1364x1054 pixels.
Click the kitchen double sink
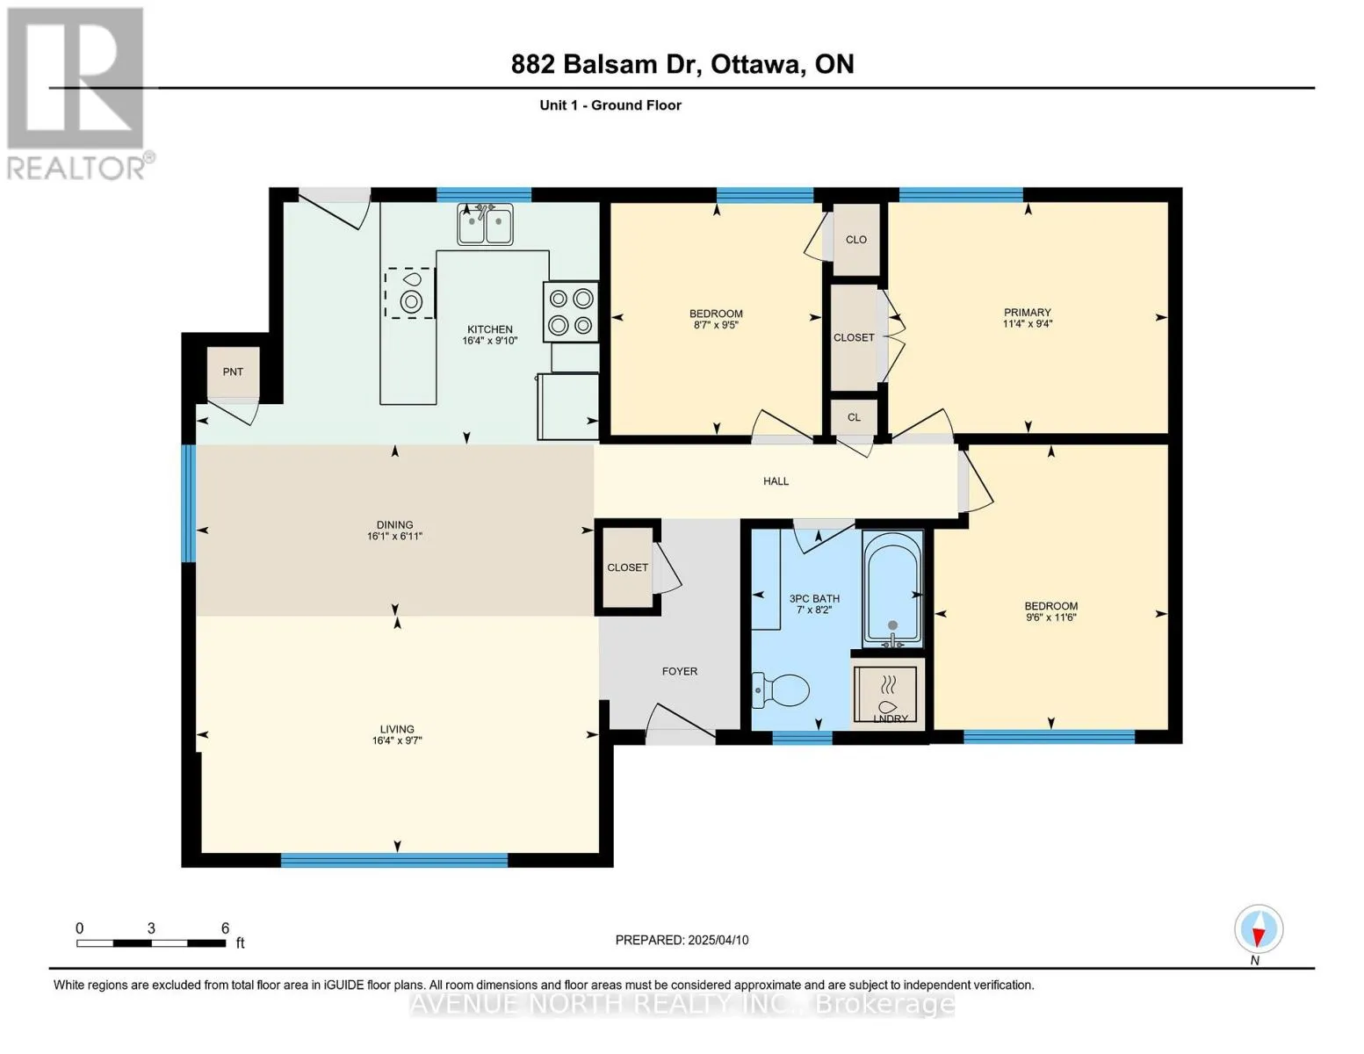[485, 224]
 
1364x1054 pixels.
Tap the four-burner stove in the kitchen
[571, 311]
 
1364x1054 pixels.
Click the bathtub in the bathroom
[892, 588]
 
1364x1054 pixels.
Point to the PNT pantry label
[233, 372]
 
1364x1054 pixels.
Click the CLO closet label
[856, 239]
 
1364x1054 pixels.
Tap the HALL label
[776, 480]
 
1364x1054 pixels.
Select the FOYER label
[680, 671]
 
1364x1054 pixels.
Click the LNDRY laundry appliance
[888, 694]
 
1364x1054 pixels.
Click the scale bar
[151, 942]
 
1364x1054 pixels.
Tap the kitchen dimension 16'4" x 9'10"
[489, 341]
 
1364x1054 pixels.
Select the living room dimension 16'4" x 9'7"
[397, 740]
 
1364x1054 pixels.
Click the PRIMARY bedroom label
[1027, 312]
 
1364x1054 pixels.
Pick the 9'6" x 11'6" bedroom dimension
[1050, 617]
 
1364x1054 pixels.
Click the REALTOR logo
[78, 94]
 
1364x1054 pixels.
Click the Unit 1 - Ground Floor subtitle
[610, 105]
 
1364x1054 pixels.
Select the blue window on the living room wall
[394, 860]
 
